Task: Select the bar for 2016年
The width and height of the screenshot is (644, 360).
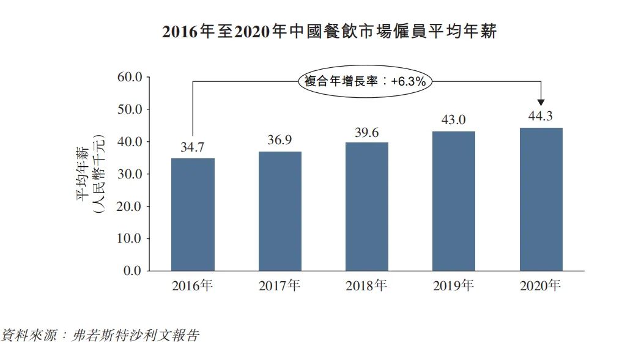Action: click(x=193, y=214)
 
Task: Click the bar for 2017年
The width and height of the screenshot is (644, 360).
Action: click(x=279, y=211)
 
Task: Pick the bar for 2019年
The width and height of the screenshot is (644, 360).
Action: click(x=454, y=201)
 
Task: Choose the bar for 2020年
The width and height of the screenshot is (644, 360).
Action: click(x=541, y=199)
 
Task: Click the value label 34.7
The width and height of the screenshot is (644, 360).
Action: click(x=193, y=147)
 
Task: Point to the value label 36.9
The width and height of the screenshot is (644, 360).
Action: click(x=279, y=140)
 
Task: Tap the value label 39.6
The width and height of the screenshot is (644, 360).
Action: click(x=367, y=132)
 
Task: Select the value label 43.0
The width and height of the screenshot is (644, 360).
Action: click(x=454, y=120)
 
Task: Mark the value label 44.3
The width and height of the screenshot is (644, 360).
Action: click(x=541, y=116)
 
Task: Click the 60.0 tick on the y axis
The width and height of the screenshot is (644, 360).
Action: click(x=129, y=78)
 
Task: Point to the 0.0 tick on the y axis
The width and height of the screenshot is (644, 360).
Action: click(x=132, y=271)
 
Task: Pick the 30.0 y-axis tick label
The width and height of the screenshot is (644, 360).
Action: click(x=129, y=174)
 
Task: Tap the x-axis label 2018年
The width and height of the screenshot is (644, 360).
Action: click(x=366, y=285)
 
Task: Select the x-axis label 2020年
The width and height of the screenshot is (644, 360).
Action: click(x=541, y=285)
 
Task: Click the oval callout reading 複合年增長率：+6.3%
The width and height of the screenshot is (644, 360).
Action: click(x=366, y=81)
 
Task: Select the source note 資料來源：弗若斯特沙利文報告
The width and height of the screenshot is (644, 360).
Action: click(x=100, y=336)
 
